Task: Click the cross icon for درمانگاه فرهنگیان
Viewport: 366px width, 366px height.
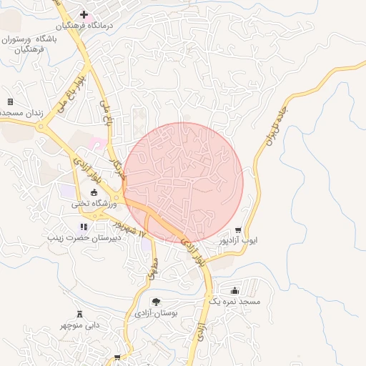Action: coord(84,14)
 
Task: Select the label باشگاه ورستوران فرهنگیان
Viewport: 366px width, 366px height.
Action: coord(35,43)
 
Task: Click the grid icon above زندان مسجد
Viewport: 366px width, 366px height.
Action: coord(10,102)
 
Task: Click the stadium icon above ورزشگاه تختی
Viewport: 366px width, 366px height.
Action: coord(94,192)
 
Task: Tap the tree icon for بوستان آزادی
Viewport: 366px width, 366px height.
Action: coord(156,302)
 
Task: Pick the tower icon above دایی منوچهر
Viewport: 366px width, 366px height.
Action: coord(79,314)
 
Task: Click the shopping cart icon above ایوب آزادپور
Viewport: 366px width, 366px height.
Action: coord(238,230)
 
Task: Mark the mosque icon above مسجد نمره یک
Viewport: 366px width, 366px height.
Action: coord(235,290)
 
